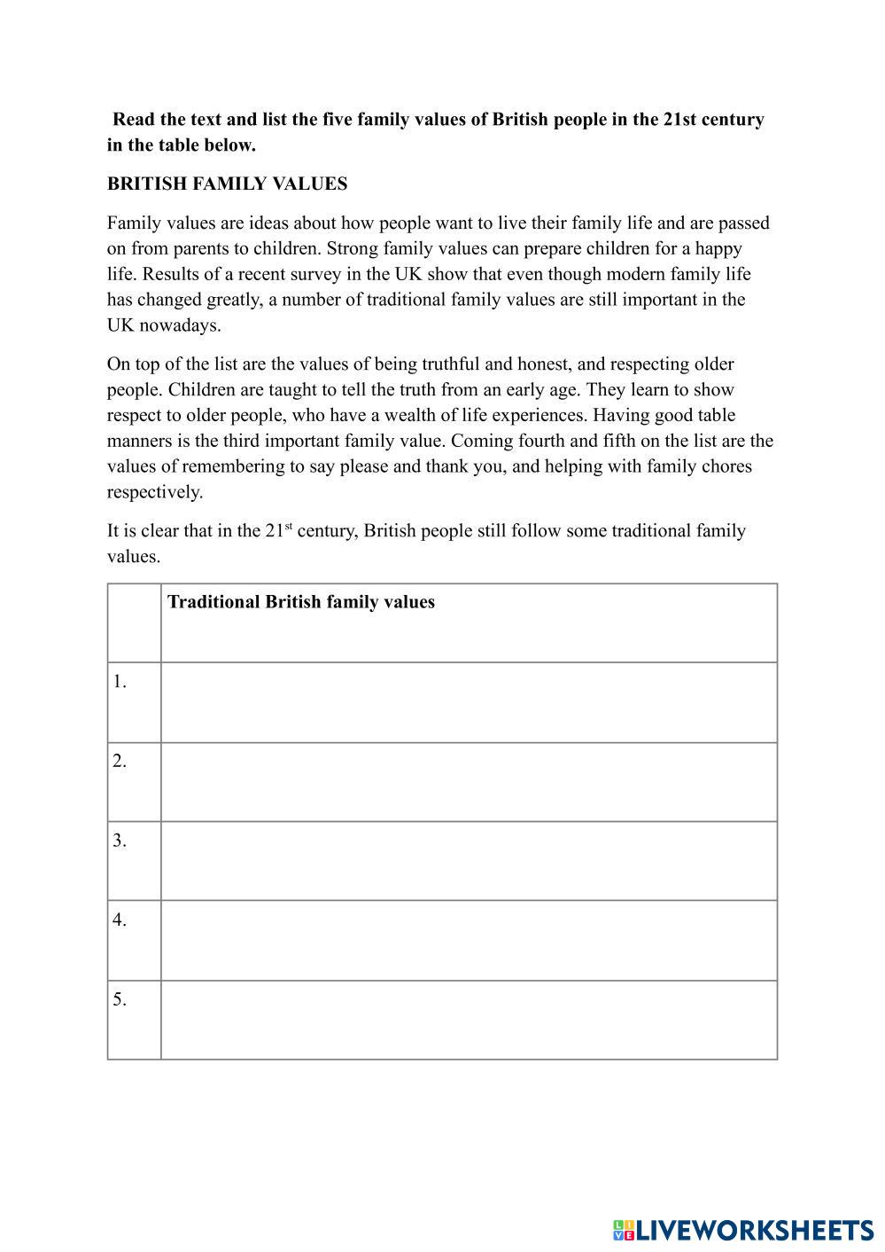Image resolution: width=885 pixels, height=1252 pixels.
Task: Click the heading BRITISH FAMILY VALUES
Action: (x=227, y=184)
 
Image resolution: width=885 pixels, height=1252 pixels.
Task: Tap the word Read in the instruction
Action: (x=132, y=119)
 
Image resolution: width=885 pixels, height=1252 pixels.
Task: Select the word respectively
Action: (x=154, y=492)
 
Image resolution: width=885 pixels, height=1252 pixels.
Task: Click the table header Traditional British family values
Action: (x=301, y=602)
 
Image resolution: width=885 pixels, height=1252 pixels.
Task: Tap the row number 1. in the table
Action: (x=120, y=682)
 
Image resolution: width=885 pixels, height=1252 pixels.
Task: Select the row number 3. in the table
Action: (x=120, y=841)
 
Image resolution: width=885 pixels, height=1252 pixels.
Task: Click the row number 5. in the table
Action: (x=120, y=999)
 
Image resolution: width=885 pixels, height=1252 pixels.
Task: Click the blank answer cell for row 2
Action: (x=469, y=782)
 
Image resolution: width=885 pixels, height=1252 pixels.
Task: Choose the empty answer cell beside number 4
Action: (x=469, y=940)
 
